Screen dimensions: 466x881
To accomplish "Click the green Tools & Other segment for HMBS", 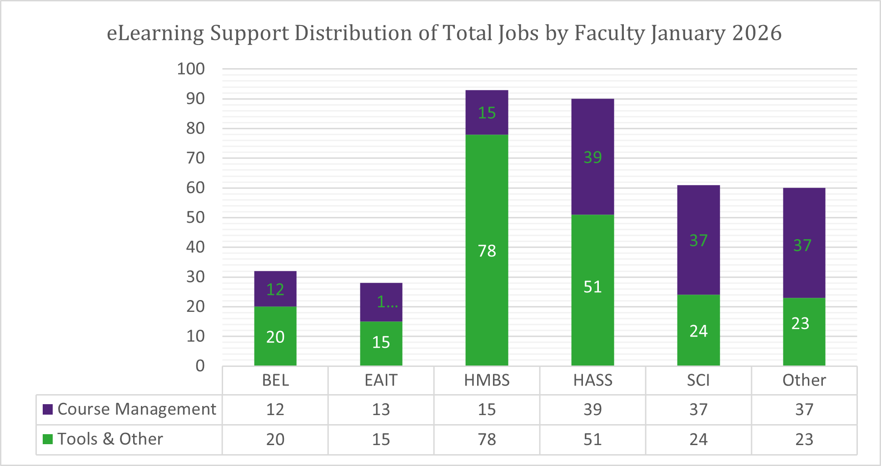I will click(x=487, y=218).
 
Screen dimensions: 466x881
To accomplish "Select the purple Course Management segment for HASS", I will click(x=592, y=136).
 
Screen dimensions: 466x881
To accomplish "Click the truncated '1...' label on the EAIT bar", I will click(x=387, y=301).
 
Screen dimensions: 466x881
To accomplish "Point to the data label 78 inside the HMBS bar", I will click(x=487, y=251).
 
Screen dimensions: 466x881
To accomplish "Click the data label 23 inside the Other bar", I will click(x=800, y=323).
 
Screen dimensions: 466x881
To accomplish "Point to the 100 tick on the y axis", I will click(x=191, y=69).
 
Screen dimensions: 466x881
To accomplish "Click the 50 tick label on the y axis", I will click(x=195, y=217).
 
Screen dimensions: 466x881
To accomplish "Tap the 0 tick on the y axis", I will click(x=200, y=366).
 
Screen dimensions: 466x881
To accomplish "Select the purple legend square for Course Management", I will click(x=48, y=409).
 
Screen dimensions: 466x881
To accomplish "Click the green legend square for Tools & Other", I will click(x=48, y=439).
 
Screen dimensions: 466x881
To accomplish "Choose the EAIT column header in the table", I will click(x=381, y=380).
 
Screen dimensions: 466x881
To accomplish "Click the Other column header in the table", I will click(x=804, y=380).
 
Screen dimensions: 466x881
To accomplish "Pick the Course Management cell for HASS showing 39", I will click(x=592, y=410).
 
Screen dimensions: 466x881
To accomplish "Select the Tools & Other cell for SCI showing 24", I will click(x=698, y=439).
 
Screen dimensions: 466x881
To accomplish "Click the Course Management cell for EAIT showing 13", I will click(x=381, y=410).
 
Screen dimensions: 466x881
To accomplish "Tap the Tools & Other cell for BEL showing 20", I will click(x=275, y=439).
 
